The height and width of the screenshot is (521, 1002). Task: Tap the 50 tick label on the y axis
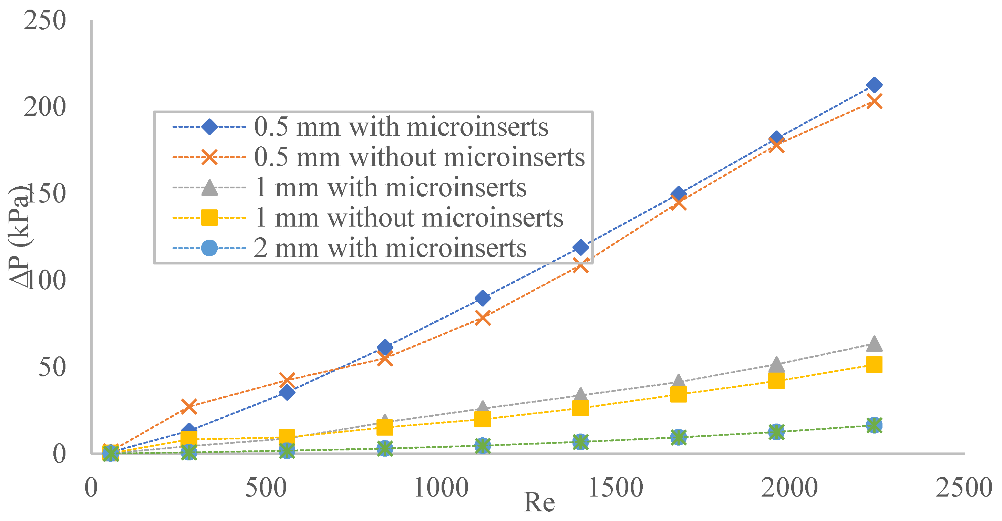pyautogui.click(x=52, y=367)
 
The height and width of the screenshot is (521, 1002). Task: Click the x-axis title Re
pyautogui.click(x=539, y=502)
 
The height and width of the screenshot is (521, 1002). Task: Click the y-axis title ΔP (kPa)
pyautogui.click(x=19, y=237)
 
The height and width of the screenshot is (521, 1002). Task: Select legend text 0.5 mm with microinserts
pyautogui.click(x=401, y=127)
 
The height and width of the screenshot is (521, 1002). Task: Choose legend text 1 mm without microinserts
pyautogui.click(x=409, y=217)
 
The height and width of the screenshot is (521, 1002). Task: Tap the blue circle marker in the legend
pyautogui.click(x=210, y=248)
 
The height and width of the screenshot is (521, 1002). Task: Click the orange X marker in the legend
pyautogui.click(x=210, y=157)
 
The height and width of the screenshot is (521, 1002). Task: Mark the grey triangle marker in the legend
pyautogui.click(x=210, y=187)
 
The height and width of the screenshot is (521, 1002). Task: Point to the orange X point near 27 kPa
pyautogui.click(x=189, y=406)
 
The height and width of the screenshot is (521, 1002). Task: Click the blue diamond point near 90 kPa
pyautogui.click(x=483, y=298)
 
